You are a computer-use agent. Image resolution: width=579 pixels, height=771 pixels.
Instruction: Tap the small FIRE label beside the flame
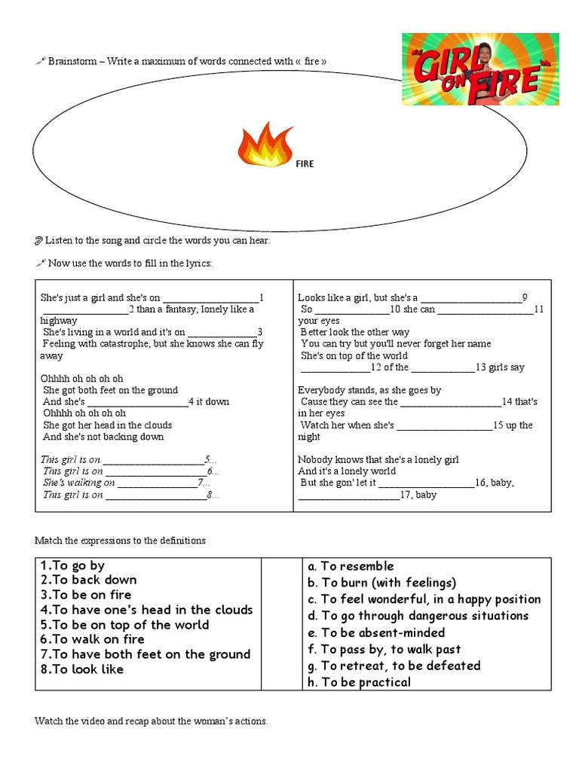(304, 163)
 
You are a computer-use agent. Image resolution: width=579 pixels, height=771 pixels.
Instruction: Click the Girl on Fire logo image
(481, 69)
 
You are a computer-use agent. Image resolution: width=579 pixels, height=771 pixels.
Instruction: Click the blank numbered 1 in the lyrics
(210, 297)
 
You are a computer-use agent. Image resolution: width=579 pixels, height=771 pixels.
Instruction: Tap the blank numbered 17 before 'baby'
(349, 495)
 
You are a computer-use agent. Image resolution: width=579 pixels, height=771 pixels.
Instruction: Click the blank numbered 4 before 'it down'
(143, 402)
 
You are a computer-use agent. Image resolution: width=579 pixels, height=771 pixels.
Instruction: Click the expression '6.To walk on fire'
(93, 639)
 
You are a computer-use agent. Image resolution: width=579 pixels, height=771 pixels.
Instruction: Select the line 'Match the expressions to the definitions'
(120, 541)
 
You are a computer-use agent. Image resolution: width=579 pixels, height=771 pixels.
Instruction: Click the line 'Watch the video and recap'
(151, 721)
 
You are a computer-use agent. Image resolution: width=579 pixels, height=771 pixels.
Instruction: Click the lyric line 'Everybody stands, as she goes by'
(369, 390)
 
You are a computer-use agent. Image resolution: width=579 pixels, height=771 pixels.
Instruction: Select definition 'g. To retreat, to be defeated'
(394, 666)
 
